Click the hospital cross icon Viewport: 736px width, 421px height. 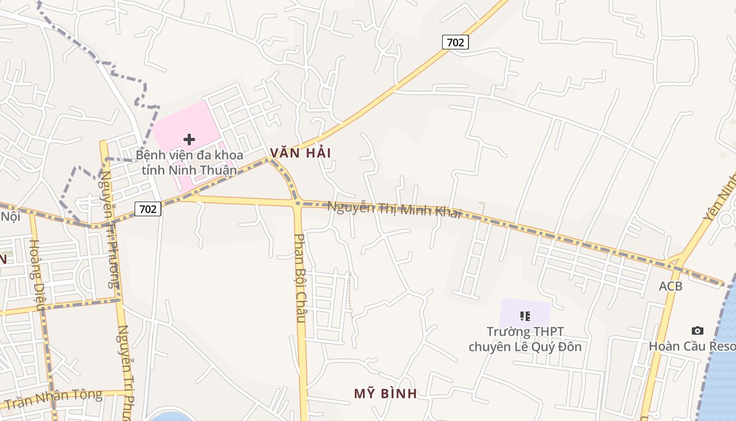(189, 139)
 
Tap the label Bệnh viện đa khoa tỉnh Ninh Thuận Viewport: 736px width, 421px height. (189, 163)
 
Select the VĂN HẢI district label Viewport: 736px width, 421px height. (300, 153)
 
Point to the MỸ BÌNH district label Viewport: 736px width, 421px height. (385, 394)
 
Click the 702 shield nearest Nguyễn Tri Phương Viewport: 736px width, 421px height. (148, 209)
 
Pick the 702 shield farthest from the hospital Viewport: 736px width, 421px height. (455, 42)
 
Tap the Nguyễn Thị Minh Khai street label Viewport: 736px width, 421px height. (394, 208)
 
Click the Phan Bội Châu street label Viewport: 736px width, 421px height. (300, 278)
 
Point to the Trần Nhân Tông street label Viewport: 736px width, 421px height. (53, 398)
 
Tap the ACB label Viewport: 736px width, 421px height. (671, 286)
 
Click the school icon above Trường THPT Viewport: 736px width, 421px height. (525, 316)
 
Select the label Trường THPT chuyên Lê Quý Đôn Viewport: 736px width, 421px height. (525, 339)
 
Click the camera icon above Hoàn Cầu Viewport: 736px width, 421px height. (697, 330)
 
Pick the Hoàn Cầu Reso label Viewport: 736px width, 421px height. (692, 346)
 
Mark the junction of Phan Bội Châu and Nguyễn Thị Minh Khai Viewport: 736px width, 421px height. (298, 203)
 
